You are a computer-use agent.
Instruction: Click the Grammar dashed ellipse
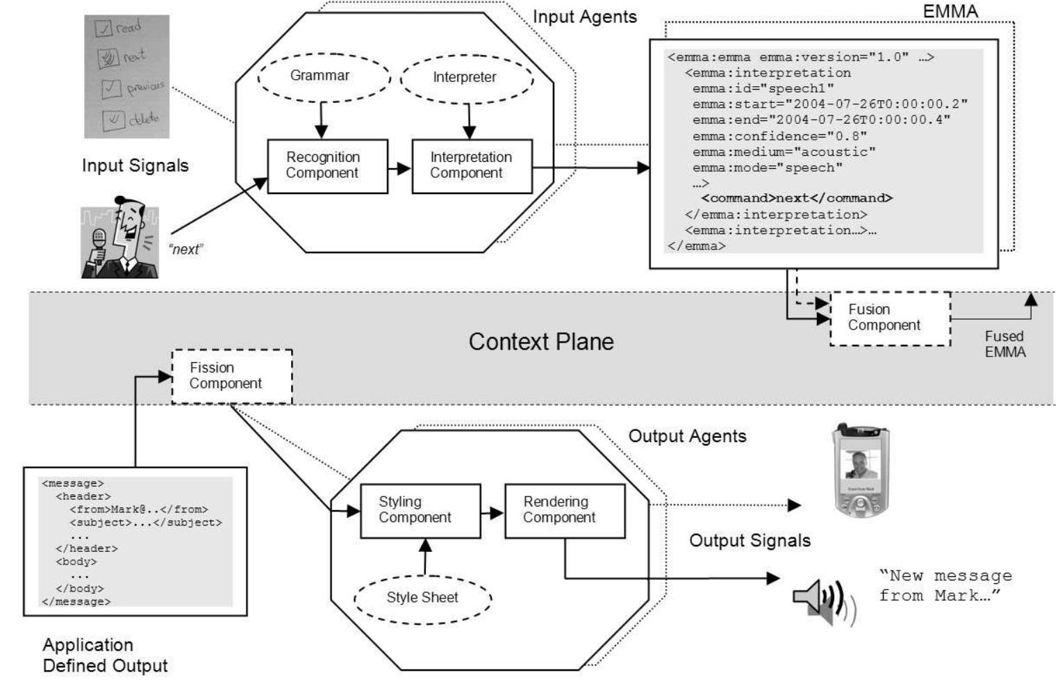[x=320, y=76]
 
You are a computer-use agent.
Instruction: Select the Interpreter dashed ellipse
[x=465, y=77]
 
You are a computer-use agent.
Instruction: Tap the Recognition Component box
[x=327, y=165]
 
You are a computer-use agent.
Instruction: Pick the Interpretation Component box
[x=472, y=165]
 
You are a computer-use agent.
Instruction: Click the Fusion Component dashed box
[x=890, y=318]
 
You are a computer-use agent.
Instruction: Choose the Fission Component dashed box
[x=232, y=375]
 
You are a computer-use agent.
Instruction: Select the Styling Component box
[x=420, y=510]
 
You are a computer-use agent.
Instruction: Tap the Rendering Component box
[x=564, y=510]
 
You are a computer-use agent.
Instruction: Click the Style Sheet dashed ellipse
[x=422, y=597]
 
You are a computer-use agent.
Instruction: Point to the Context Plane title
[x=541, y=342]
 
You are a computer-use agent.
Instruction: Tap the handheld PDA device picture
[x=861, y=471]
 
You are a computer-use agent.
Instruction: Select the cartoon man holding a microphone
[x=119, y=238]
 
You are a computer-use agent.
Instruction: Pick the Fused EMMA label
[x=1005, y=344]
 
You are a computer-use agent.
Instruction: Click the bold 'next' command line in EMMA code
[x=796, y=198]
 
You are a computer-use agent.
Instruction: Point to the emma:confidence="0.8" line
[x=779, y=136]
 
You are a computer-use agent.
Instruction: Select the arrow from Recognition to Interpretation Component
[x=399, y=168]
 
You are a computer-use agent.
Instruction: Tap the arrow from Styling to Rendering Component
[x=493, y=513]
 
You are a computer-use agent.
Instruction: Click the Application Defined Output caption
[x=105, y=655]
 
